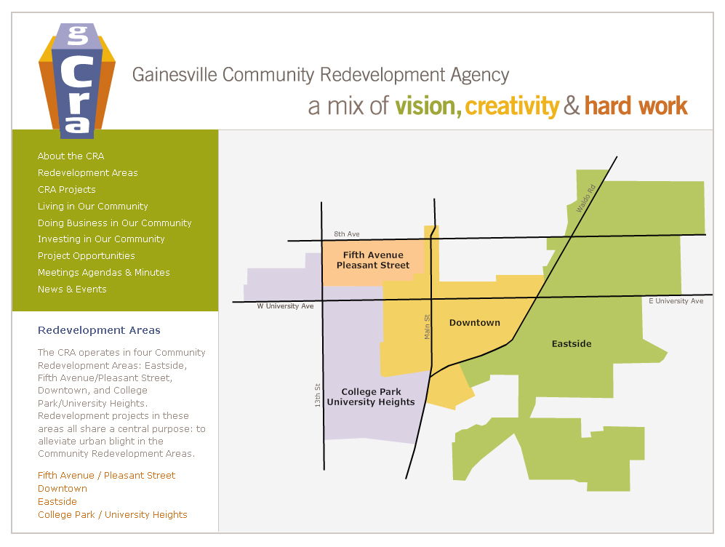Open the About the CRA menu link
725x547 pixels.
71,156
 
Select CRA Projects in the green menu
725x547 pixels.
66,190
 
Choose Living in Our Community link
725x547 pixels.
92,207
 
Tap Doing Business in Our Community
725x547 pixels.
114,223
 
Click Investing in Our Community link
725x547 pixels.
101,239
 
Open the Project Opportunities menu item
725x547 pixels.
86,256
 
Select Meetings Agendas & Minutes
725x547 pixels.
103,273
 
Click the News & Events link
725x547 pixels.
72,290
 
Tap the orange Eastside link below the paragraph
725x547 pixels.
57,502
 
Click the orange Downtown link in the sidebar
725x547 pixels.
62,489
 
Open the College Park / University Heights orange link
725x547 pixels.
112,515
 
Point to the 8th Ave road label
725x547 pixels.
347,234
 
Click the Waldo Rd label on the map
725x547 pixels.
585,198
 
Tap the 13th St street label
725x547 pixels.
318,395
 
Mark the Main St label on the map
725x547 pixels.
428,326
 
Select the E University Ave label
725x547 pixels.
676,301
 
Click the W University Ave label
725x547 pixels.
285,306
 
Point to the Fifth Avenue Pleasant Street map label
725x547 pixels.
373,260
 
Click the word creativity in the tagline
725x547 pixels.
512,107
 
